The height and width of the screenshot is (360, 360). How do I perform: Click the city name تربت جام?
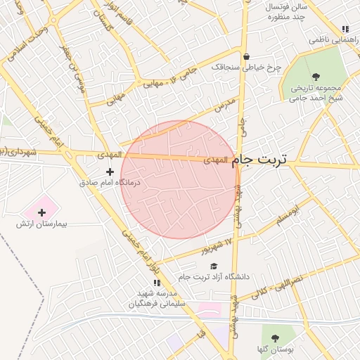click(x=259, y=160)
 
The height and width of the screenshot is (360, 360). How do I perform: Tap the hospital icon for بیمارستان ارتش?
click(x=41, y=212)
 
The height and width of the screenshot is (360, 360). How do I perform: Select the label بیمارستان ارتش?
click(x=41, y=224)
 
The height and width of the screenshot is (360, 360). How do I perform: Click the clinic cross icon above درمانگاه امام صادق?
click(x=110, y=171)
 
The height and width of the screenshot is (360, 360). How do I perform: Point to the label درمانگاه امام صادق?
click(x=110, y=182)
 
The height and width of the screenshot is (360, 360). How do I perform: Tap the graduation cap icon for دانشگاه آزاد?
click(x=214, y=266)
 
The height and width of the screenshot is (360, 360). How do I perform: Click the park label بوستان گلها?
click(x=274, y=349)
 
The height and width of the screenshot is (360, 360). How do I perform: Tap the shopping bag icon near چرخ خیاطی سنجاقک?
click(x=245, y=57)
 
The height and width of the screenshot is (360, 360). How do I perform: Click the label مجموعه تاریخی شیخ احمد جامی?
click(x=314, y=92)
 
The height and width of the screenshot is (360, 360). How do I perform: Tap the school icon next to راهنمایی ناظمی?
click(x=345, y=29)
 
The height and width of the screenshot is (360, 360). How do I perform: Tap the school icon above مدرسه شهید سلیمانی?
click(x=156, y=282)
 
